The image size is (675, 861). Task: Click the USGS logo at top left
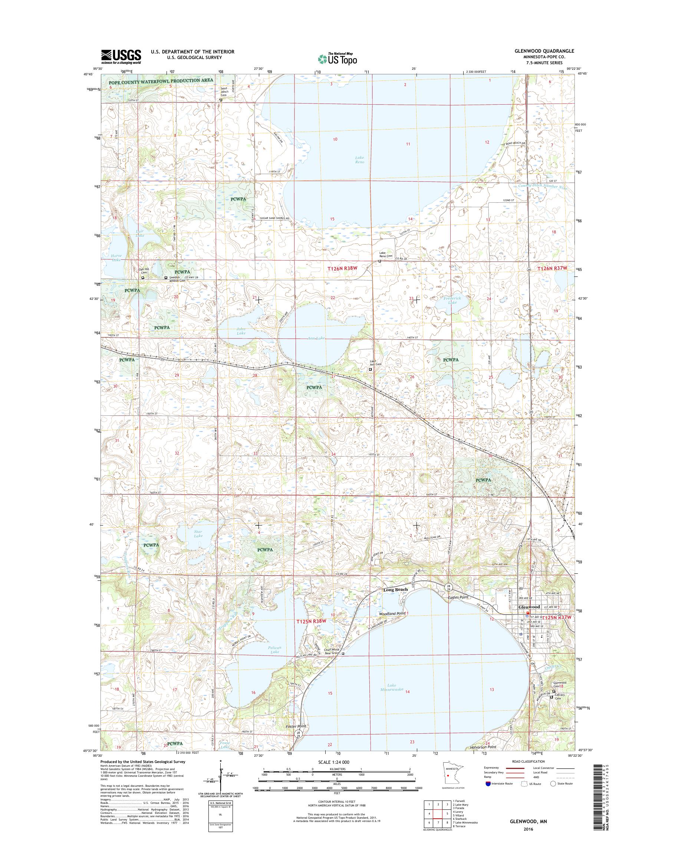[x=121, y=56]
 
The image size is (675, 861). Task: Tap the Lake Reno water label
[x=359, y=160]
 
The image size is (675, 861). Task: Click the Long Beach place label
[x=395, y=590]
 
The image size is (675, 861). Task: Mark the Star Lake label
[x=198, y=534]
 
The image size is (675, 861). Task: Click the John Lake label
[x=241, y=331]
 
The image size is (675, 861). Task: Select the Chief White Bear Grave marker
[x=343, y=654]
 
